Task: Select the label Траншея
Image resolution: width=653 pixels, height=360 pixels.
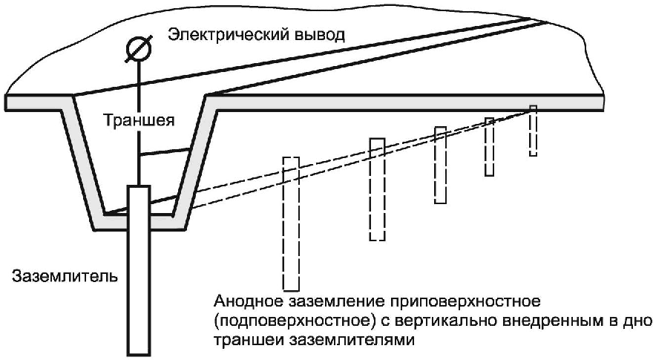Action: pos(138,120)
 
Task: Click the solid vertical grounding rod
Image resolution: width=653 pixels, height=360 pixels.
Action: pos(139,267)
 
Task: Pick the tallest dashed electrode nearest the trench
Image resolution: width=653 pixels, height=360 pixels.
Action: pos(290,223)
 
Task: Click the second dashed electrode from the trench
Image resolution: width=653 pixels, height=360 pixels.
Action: pos(377,189)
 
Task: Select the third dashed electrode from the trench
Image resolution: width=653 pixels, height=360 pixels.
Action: pos(440,165)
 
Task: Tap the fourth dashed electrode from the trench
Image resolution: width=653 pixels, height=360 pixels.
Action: pos(489,146)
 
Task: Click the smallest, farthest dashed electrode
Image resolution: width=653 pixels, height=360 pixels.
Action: pos(533,131)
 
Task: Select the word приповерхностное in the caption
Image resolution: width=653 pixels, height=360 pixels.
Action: pos(482,304)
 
